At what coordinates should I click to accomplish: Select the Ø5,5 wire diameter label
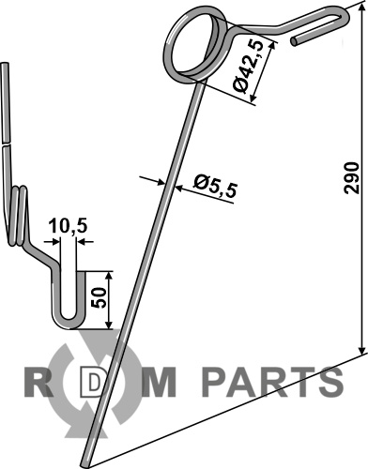(215, 186)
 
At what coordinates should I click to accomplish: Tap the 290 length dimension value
(350, 178)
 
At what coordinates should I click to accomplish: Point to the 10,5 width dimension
(68, 226)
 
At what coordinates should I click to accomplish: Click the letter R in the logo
(38, 382)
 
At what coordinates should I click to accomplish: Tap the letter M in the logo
(160, 382)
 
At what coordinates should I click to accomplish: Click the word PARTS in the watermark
(272, 382)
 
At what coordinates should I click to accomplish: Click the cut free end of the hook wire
(294, 42)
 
